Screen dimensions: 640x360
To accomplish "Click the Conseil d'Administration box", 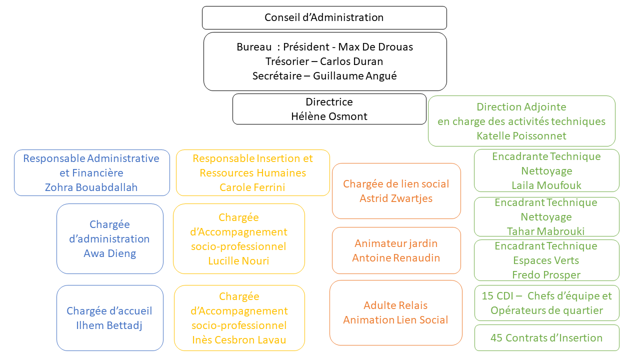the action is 324,17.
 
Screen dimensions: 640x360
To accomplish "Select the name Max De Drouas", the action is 375,47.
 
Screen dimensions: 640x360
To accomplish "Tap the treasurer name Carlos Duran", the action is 351,61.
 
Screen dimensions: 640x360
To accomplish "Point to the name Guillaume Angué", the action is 355,76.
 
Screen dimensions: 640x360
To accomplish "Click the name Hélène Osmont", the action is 329,116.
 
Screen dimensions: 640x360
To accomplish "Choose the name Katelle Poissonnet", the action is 521,136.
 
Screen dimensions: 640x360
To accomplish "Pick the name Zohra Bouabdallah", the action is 91,187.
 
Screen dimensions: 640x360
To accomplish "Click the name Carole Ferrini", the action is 252,187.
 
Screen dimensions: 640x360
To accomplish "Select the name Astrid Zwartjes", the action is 396,198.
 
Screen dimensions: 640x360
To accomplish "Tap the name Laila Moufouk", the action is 546,185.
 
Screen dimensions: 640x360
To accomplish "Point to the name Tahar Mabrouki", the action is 545,231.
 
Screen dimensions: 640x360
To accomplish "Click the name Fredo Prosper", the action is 546,275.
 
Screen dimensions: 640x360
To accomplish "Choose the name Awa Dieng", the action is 109,253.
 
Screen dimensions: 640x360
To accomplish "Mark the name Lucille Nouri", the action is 238,261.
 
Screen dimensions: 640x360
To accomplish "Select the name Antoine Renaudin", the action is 396,258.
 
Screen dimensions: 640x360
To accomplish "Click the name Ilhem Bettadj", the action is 109,325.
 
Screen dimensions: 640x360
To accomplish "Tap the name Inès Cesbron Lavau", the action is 239,340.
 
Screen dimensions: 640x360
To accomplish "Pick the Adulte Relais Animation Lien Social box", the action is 395,313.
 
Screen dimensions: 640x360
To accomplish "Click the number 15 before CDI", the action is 487,296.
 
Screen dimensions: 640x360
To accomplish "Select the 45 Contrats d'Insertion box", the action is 547,337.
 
